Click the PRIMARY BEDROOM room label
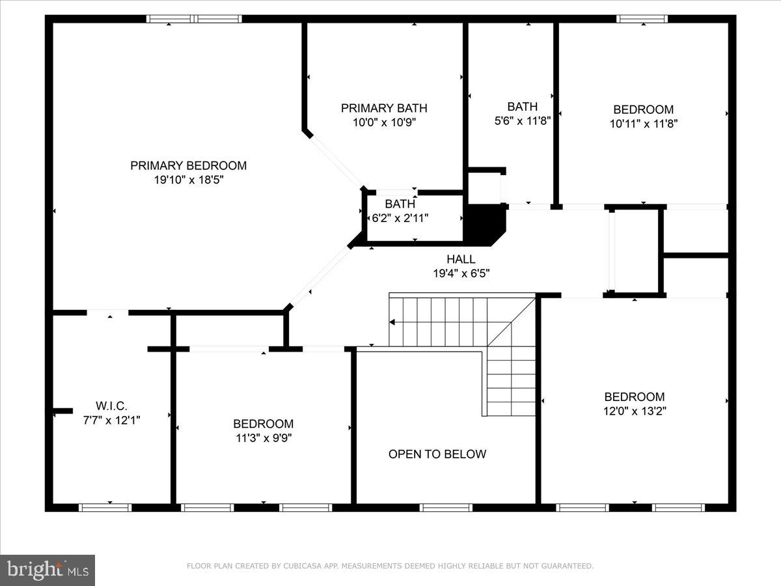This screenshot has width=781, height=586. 188,165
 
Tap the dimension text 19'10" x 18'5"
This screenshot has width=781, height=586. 188,180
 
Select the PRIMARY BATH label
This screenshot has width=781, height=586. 384,108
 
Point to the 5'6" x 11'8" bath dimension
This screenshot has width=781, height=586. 523,120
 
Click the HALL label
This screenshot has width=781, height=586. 461,259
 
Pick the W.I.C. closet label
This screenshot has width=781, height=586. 111,406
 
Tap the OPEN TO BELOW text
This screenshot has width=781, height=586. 437,454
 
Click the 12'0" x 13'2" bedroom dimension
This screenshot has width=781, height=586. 635,411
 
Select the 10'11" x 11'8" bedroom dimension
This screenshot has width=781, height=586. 643,124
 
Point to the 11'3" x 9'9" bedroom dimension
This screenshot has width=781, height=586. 263,438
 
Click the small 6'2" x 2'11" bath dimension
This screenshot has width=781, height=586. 400,218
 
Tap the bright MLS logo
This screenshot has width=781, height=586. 48,570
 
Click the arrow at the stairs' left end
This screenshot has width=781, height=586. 392,322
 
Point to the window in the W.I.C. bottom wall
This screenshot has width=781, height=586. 105,507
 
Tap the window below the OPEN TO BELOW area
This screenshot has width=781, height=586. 446,507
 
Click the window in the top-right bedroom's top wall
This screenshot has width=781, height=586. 642,19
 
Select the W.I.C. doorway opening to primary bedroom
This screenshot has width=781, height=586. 107,313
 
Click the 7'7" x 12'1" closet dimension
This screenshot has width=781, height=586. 111,421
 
